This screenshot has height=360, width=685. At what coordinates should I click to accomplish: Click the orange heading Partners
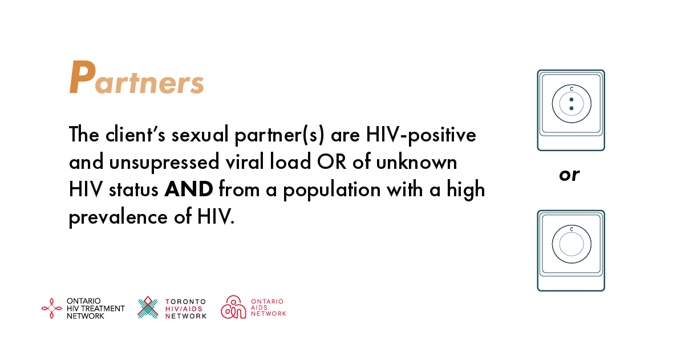point(136,78)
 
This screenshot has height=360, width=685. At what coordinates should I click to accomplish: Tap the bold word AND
point(189,189)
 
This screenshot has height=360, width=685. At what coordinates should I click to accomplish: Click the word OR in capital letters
point(331,161)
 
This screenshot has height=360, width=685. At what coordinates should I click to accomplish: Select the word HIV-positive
point(421,135)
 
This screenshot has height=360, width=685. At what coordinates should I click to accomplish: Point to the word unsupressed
point(164,163)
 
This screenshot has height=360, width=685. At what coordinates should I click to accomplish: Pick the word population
point(332,190)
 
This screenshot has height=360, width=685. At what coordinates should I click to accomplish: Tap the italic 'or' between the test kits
point(569,175)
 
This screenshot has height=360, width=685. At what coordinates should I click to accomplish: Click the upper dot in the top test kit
point(571,99)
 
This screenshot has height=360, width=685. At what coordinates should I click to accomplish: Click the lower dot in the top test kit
point(571,108)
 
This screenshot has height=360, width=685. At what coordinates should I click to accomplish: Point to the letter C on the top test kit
point(571,89)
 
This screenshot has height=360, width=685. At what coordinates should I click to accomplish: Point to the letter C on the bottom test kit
point(571,229)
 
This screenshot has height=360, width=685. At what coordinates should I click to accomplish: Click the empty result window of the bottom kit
point(571,244)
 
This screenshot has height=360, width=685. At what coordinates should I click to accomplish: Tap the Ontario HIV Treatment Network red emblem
point(51,308)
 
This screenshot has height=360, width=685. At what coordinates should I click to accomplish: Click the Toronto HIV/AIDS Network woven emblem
point(148,308)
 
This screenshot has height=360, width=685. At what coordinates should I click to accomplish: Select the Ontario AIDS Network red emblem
point(233,307)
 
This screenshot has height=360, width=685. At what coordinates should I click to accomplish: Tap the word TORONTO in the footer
point(185,302)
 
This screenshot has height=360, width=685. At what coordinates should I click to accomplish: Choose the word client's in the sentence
point(135,134)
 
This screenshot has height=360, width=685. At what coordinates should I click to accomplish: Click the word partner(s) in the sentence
point(279,135)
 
